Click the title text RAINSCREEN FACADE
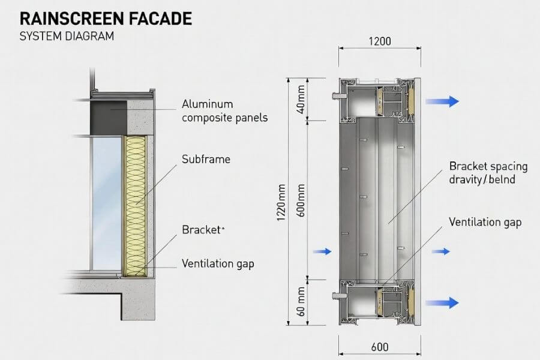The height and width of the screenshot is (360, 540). [x=106, y=19]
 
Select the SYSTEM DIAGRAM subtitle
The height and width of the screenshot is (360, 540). [x=66, y=37]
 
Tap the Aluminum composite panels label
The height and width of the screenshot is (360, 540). [x=224, y=111]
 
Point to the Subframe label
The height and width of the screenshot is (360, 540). [x=206, y=160]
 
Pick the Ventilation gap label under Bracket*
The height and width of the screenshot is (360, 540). [x=218, y=263]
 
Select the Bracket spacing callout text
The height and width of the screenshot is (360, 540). [x=488, y=172]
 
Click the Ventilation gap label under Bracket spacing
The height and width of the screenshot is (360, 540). [x=485, y=222]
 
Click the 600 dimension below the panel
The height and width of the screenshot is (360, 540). [x=379, y=347]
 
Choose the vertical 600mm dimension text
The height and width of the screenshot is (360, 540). [x=302, y=199]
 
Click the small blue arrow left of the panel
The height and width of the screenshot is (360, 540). [x=322, y=251]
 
